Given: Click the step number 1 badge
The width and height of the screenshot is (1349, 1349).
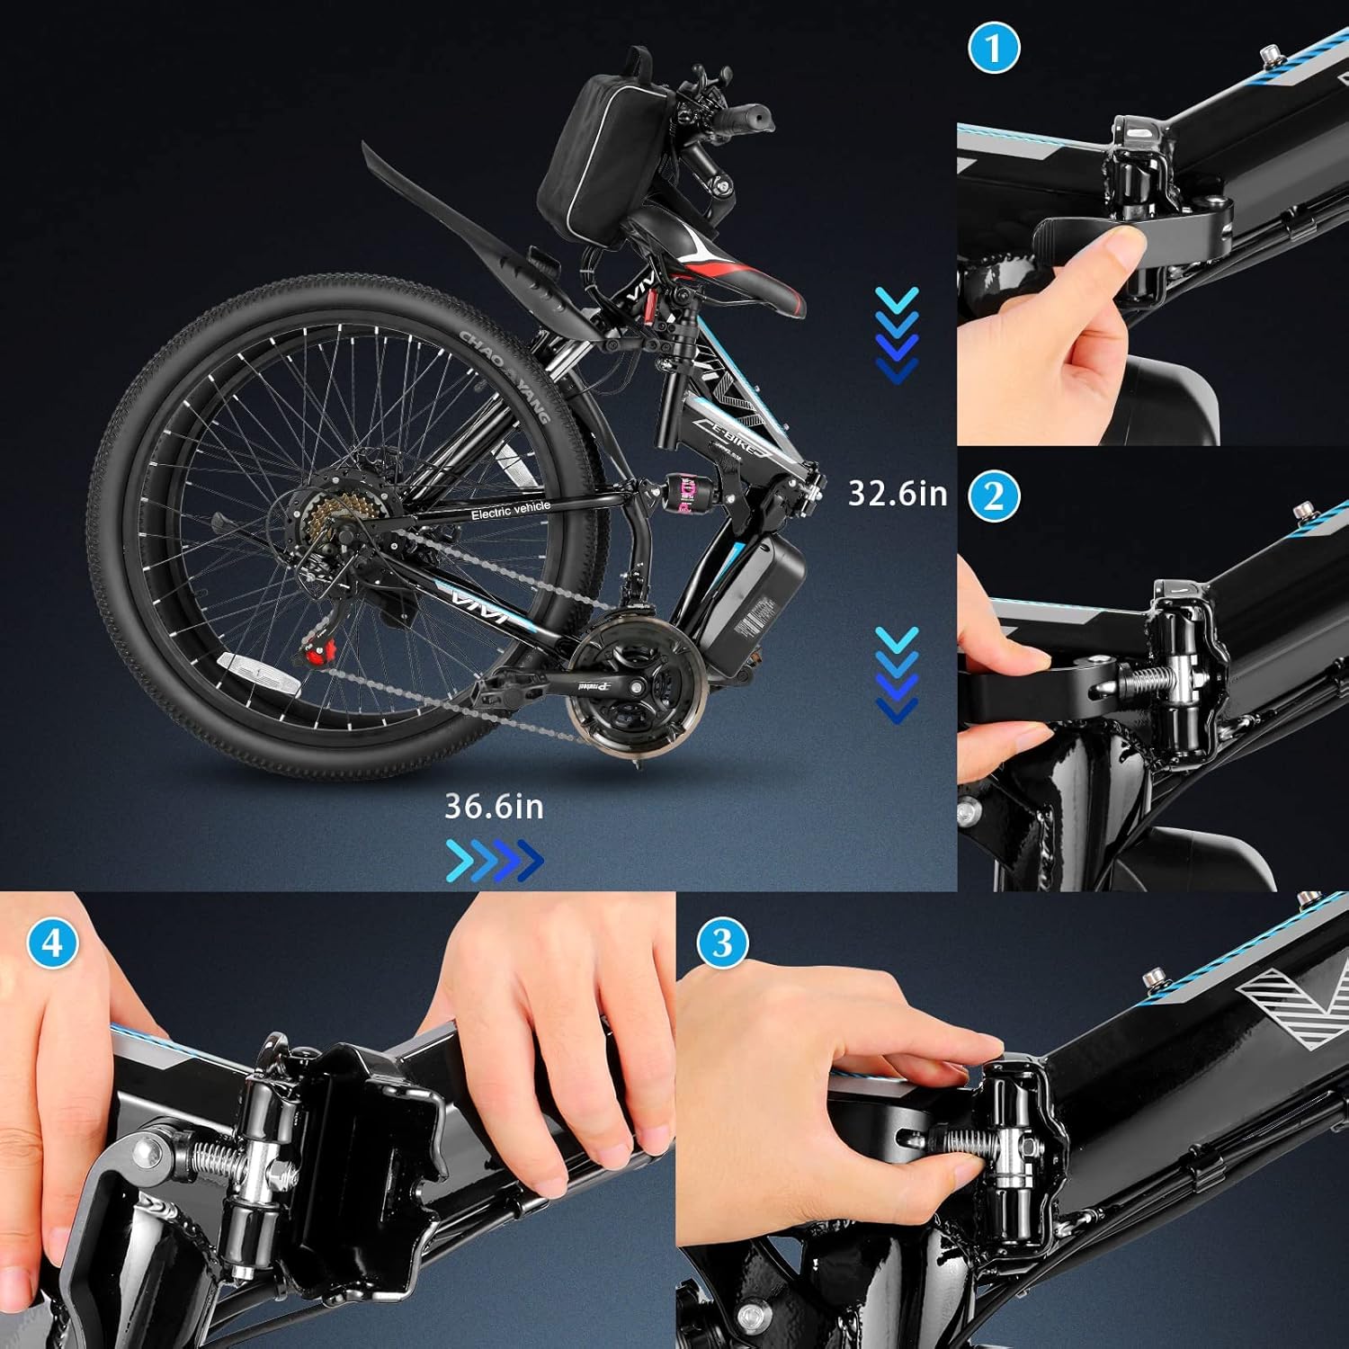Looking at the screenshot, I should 994,49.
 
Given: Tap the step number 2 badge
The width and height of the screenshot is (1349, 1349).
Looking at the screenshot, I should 994,496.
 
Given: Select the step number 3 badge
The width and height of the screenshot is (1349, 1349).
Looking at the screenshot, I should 722,943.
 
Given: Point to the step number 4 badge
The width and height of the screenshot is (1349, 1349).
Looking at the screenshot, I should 52,943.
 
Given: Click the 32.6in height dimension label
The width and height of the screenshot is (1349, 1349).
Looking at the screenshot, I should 898,494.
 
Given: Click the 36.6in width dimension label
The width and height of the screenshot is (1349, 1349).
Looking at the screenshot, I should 494,807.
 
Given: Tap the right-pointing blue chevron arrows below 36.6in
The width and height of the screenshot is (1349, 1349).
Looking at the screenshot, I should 495,861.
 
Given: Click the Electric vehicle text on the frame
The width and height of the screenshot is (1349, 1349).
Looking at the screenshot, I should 510,511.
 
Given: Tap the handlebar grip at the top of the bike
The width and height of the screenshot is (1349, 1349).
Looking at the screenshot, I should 746,117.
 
